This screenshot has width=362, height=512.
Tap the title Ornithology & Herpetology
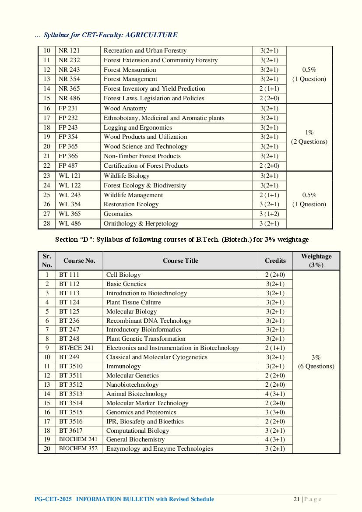pyautogui.click(x=141, y=223)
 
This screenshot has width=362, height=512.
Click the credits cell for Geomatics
pyautogui.click(x=269, y=214)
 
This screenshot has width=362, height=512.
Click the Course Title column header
pyautogui.click(x=180, y=261)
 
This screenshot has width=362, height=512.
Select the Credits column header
pyautogui.click(x=275, y=261)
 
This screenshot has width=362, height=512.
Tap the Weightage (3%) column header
pyautogui.click(x=316, y=261)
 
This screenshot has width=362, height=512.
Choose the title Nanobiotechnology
pyautogui.click(x=132, y=385)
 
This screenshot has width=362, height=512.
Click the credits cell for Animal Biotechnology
pyautogui.click(x=275, y=394)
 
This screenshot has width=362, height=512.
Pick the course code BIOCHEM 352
pyautogui.click(x=78, y=448)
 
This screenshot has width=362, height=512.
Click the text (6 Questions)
pyautogui.click(x=316, y=366)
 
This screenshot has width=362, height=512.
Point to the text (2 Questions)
pyautogui.click(x=309, y=141)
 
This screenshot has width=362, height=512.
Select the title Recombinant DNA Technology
pyautogui.click(x=149, y=321)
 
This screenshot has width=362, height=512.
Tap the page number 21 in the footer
pyautogui.click(x=296, y=499)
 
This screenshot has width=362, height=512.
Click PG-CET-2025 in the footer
pyautogui.click(x=53, y=499)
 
